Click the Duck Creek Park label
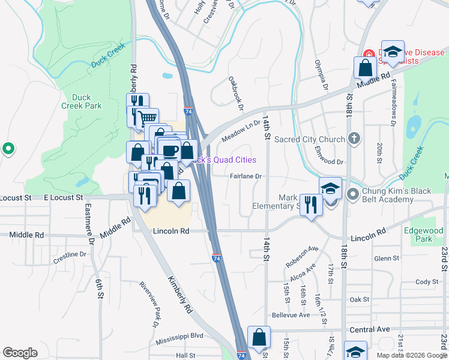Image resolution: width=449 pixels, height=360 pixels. click(x=82, y=101)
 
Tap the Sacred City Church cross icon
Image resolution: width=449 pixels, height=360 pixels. click(x=354, y=139)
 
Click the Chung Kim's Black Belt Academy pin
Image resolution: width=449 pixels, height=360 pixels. click(x=352, y=194)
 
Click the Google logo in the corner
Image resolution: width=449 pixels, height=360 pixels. click(x=20, y=352)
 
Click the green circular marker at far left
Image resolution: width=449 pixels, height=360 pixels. click(x=8, y=148)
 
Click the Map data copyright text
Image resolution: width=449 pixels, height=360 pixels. click(x=411, y=355)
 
